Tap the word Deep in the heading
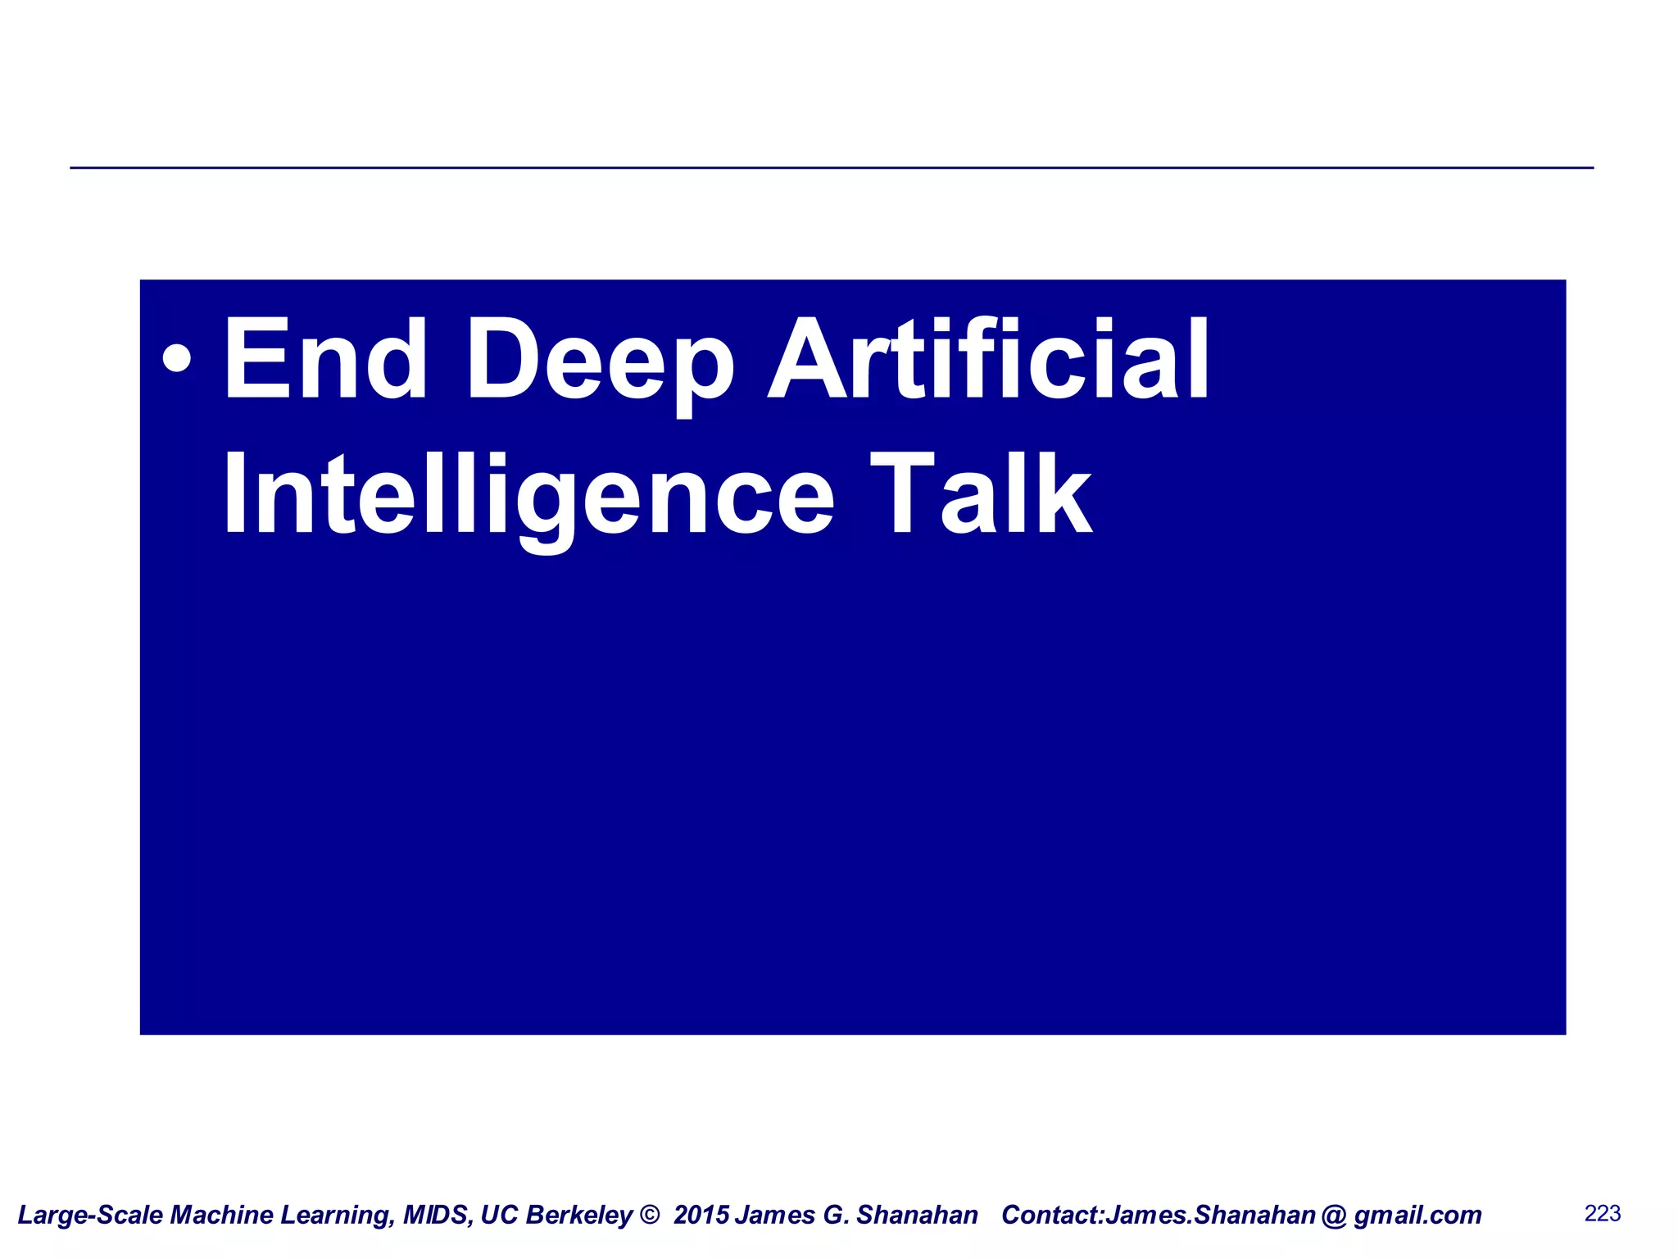600,361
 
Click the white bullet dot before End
177,358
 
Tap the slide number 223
1603,1213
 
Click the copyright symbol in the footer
649,1215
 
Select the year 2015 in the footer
701,1215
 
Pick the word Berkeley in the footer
580,1215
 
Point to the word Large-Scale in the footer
90,1215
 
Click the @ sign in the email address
1334,1215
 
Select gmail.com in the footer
1417,1215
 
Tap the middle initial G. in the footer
836,1215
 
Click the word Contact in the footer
1050,1215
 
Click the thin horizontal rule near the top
832,168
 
